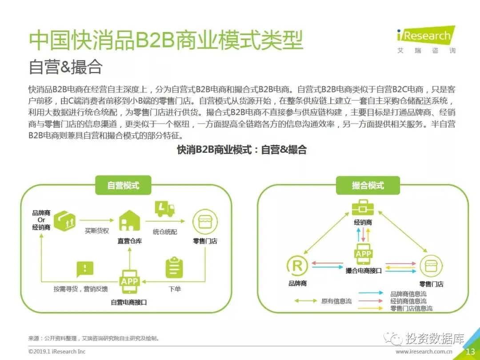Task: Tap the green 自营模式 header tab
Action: coord(123,185)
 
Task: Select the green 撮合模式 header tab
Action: coord(368,185)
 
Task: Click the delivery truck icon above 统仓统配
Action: coord(164,209)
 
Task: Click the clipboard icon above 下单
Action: coord(174,268)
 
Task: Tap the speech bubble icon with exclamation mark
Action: coord(85,269)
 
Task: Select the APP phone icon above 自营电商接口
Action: coord(129,281)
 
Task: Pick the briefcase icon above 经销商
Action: coord(363,208)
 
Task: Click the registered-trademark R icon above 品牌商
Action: coord(297,266)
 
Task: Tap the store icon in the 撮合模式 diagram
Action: coord(431,266)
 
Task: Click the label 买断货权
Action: coord(97,231)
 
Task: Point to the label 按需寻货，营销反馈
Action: coord(80,289)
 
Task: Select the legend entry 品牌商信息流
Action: coord(408,294)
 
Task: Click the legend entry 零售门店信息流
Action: coord(411,308)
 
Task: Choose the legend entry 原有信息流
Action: coord(336,301)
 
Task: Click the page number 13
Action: coord(470,352)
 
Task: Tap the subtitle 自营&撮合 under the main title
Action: coord(65,67)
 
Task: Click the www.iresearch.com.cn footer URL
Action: coord(424,352)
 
